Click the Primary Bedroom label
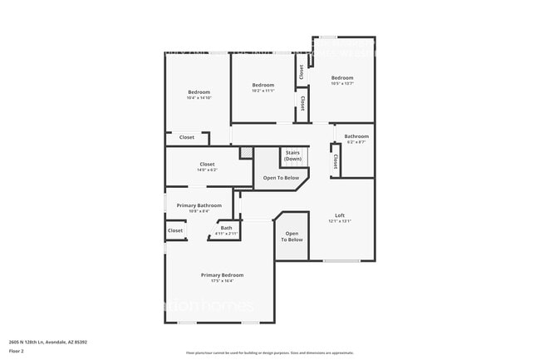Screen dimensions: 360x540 tap(222, 274)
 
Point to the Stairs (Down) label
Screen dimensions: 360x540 tap(292, 155)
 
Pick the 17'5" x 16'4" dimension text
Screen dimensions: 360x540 tap(222, 281)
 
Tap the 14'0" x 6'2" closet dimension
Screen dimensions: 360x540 tap(207, 170)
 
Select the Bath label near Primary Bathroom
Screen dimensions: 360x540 tap(226, 228)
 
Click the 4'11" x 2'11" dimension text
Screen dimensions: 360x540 tap(226, 234)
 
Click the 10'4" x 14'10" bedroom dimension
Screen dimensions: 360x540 tap(199, 98)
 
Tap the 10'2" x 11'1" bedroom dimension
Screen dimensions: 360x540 tap(263, 91)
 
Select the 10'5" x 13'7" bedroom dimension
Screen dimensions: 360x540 tap(342, 84)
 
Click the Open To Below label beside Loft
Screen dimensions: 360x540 tap(292, 237)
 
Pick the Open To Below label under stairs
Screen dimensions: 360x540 tap(281, 178)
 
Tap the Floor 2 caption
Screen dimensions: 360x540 tap(17, 351)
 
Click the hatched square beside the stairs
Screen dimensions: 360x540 tap(246, 153)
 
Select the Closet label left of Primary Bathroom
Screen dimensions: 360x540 tap(175, 230)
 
